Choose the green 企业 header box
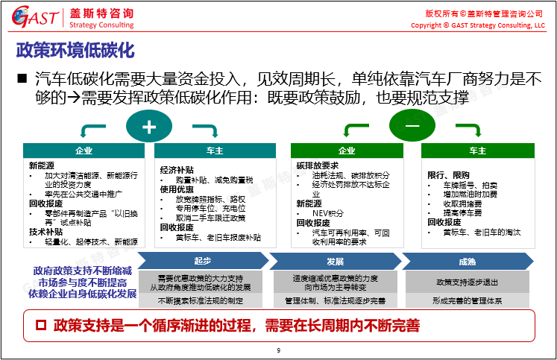point(347,151)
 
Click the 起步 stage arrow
point(203,261)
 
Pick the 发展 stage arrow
point(335,261)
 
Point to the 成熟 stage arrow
point(468,261)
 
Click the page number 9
point(278,350)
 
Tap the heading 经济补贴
point(175,169)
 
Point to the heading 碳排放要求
point(317,165)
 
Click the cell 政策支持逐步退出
point(468,282)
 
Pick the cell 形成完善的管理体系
point(468,300)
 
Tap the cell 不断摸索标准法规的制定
point(201,300)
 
